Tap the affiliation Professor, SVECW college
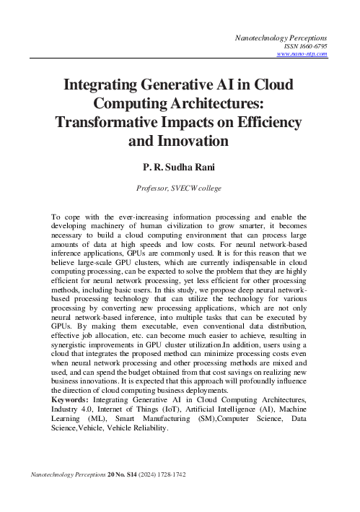180,188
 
